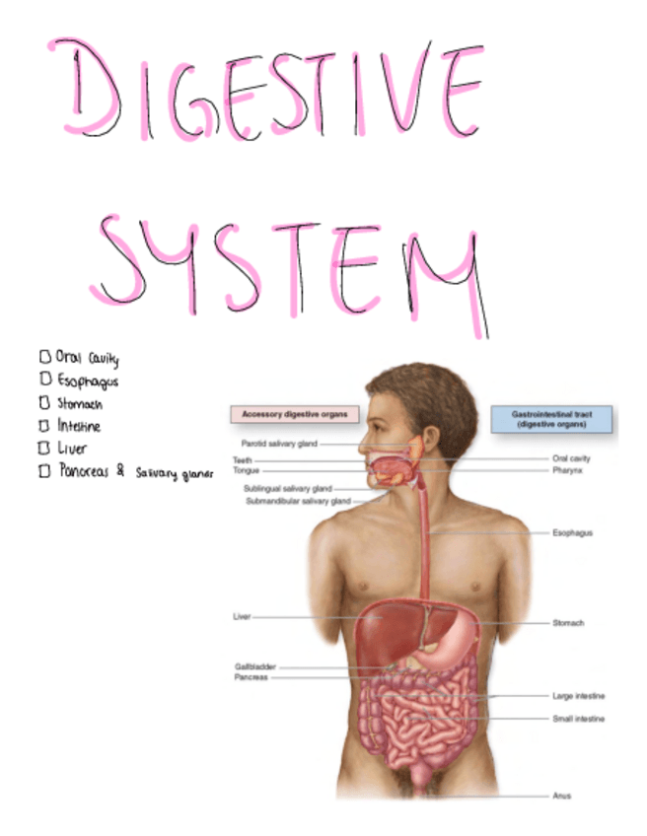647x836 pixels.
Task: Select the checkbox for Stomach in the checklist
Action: coord(43,402)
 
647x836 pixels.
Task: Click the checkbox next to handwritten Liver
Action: coord(43,448)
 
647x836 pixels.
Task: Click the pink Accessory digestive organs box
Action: coord(294,415)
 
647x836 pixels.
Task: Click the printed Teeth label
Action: coord(243,459)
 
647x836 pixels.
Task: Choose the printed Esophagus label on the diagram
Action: coord(574,532)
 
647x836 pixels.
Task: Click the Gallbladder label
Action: coord(254,666)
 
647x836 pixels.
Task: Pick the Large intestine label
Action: coord(579,696)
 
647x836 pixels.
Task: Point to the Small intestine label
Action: coord(579,719)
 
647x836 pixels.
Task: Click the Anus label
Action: coord(561,796)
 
